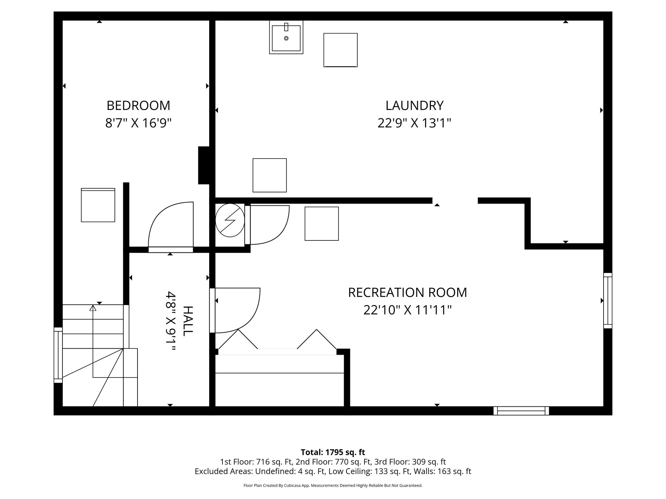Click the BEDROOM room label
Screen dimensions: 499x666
pos(138,106)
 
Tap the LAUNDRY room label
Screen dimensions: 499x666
pos(414,106)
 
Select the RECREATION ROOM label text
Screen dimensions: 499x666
pos(407,292)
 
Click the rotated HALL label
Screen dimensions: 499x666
pos(188,321)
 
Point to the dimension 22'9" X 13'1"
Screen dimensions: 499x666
pos(414,123)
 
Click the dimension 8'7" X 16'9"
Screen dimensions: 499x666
pos(138,123)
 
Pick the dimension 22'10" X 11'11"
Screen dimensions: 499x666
pos(407,310)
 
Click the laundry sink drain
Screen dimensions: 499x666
pos(286,38)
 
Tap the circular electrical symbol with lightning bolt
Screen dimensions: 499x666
pos(230,220)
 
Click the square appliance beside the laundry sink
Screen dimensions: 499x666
pos(340,50)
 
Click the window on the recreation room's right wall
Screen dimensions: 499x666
pos(607,301)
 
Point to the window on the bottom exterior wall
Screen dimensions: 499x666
pos(521,411)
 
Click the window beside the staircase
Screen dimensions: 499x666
pos(58,355)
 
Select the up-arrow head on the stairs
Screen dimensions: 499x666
pos(93,308)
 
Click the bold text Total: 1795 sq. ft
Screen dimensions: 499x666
pos(333,452)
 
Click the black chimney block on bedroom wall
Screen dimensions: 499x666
pos(204,165)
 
